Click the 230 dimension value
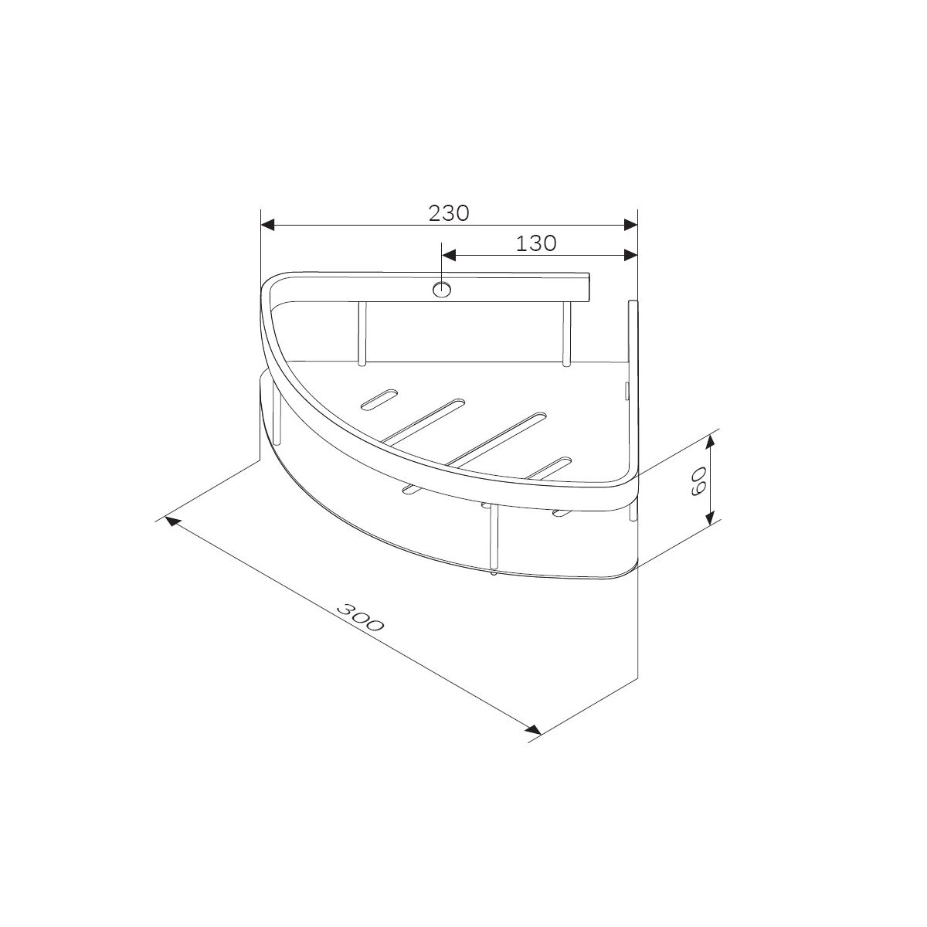pyautogui.click(x=448, y=212)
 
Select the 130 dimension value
pyautogui.click(x=536, y=243)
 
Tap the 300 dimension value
pyautogui.click(x=360, y=616)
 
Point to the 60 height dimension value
pyautogui.click(x=697, y=480)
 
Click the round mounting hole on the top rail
pyautogui.click(x=442, y=290)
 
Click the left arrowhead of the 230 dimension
pyautogui.click(x=267, y=225)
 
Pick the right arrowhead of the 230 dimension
pyautogui.click(x=630, y=225)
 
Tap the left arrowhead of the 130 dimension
pyautogui.click(x=449, y=255)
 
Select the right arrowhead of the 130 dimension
pyautogui.click(x=630, y=255)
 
